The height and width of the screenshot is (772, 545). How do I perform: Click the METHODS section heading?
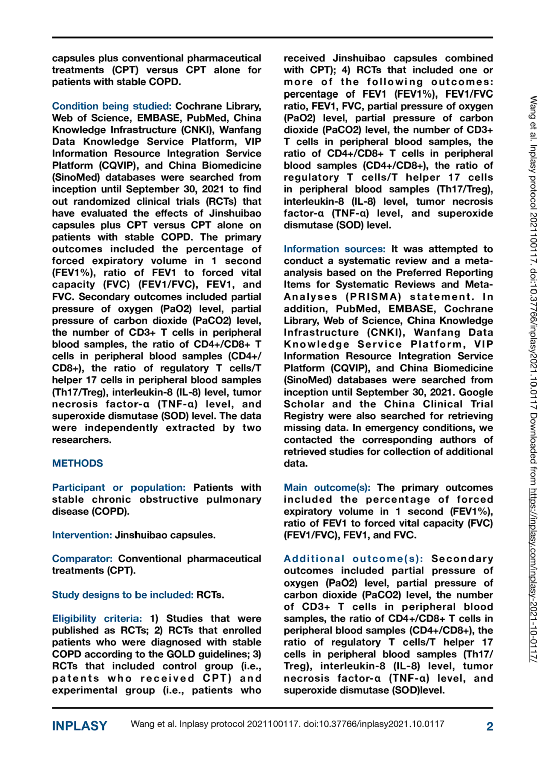77,463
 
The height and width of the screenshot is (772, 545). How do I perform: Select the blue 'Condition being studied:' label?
111,106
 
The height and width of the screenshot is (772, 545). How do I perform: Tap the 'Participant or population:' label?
118,488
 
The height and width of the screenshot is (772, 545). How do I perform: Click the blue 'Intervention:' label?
82,535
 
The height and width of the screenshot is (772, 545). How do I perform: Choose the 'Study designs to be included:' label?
122,595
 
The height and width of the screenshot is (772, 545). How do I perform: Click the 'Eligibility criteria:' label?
97,619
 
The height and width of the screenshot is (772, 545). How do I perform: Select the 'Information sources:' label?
334,249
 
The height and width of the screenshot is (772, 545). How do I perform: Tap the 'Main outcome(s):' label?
327,488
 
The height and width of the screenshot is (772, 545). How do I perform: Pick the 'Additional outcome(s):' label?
353,559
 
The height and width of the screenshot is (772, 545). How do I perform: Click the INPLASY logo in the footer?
79,726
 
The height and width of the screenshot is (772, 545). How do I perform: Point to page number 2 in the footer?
489,727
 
